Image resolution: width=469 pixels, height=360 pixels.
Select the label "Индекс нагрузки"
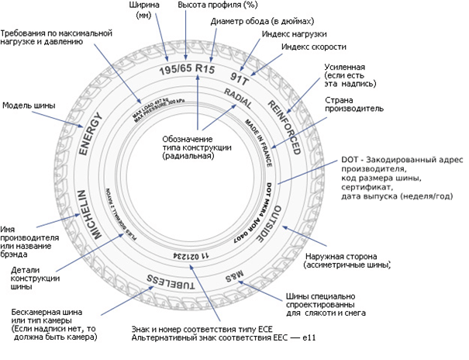tap(295, 35)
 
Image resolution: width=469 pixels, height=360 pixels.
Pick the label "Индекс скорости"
tap(313, 48)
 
